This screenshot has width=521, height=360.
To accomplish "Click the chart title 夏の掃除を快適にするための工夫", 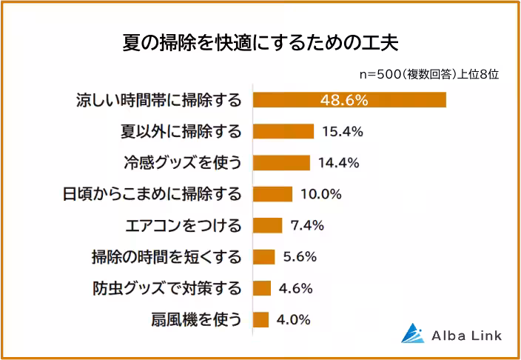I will tap(260, 42).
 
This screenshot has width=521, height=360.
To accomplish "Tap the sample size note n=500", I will tap(428, 74).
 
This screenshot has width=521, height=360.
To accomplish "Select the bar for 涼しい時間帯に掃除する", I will tap(349, 100).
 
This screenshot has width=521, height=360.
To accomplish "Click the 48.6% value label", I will tap(344, 100).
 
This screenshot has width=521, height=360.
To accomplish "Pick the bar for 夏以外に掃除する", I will tap(283, 131).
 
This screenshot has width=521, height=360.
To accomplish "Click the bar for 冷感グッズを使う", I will tap(281, 163).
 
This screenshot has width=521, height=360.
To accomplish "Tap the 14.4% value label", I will tap(338, 163).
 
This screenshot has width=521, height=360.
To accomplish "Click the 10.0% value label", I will tap(320, 194).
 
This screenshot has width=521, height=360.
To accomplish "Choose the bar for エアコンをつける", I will tap(268, 225).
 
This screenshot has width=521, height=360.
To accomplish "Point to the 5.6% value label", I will tap(300, 257).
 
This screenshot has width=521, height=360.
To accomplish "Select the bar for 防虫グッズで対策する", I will tap(262, 288).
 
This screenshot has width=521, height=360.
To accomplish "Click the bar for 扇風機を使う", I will tap(260, 320).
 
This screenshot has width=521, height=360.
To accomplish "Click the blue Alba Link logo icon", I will tap(411, 334).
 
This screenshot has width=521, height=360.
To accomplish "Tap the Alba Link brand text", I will tap(466, 336).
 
